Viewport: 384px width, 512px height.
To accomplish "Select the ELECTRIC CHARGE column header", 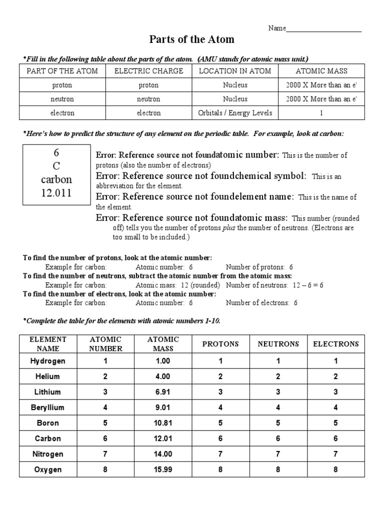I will [149, 71].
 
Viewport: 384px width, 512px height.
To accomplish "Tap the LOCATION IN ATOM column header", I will [235, 71].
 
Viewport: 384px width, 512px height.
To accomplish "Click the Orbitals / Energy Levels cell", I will [235, 113].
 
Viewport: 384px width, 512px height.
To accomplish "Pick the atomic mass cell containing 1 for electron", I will [321, 113].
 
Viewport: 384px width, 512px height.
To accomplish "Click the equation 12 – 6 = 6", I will [307, 285].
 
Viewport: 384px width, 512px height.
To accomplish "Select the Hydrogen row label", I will [48, 361].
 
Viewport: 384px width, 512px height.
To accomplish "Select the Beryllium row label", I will [48, 407].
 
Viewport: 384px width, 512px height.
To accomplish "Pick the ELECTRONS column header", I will [336, 344].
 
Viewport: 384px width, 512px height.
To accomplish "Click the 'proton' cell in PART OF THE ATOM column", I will [62, 85].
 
